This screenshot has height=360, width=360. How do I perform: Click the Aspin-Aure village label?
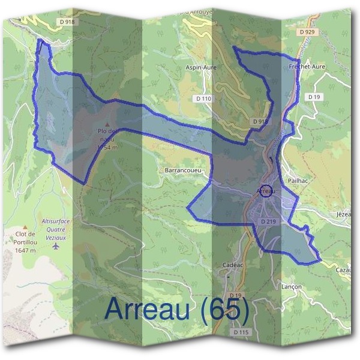pyautogui.click(x=202, y=68)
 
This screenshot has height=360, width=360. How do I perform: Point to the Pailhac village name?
pyautogui.click(x=298, y=180)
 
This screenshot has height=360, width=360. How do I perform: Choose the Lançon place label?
pyautogui.click(x=292, y=287)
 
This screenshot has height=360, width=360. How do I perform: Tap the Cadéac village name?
pyautogui.click(x=232, y=265)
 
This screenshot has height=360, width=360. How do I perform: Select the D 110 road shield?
pyautogui.click(x=204, y=98)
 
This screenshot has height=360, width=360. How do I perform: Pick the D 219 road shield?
pyautogui.click(x=268, y=221)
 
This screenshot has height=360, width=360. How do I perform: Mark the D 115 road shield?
pyautogui.click(x=240, y=332)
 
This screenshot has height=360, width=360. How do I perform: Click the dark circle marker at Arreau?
pyautogui.click(x=267, y=191)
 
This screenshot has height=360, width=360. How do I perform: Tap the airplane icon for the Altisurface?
pyautogui.click(x=56, y=245)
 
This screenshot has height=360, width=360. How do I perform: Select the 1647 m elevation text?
pyautogui.click(x=25, y=250)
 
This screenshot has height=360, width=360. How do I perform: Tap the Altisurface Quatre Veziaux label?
pyautogui.click(x=56, y=228)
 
